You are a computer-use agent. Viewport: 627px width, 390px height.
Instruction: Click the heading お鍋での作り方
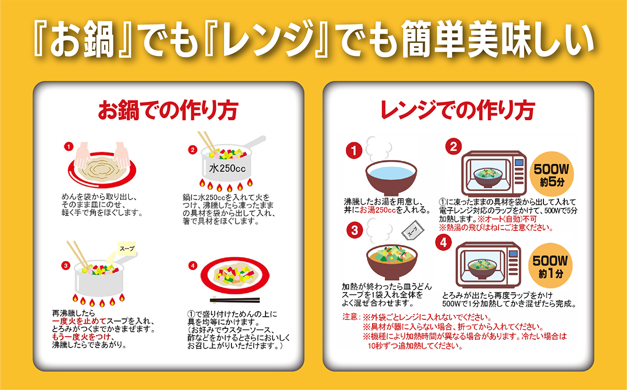168,110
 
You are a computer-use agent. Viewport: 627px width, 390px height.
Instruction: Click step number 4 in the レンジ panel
444,242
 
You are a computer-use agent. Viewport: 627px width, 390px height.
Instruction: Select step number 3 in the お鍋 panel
65,266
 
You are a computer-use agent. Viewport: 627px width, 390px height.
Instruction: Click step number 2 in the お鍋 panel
192,151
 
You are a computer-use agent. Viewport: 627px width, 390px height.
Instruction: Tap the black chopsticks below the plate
235,300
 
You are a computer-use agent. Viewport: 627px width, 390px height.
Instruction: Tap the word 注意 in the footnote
350,317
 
